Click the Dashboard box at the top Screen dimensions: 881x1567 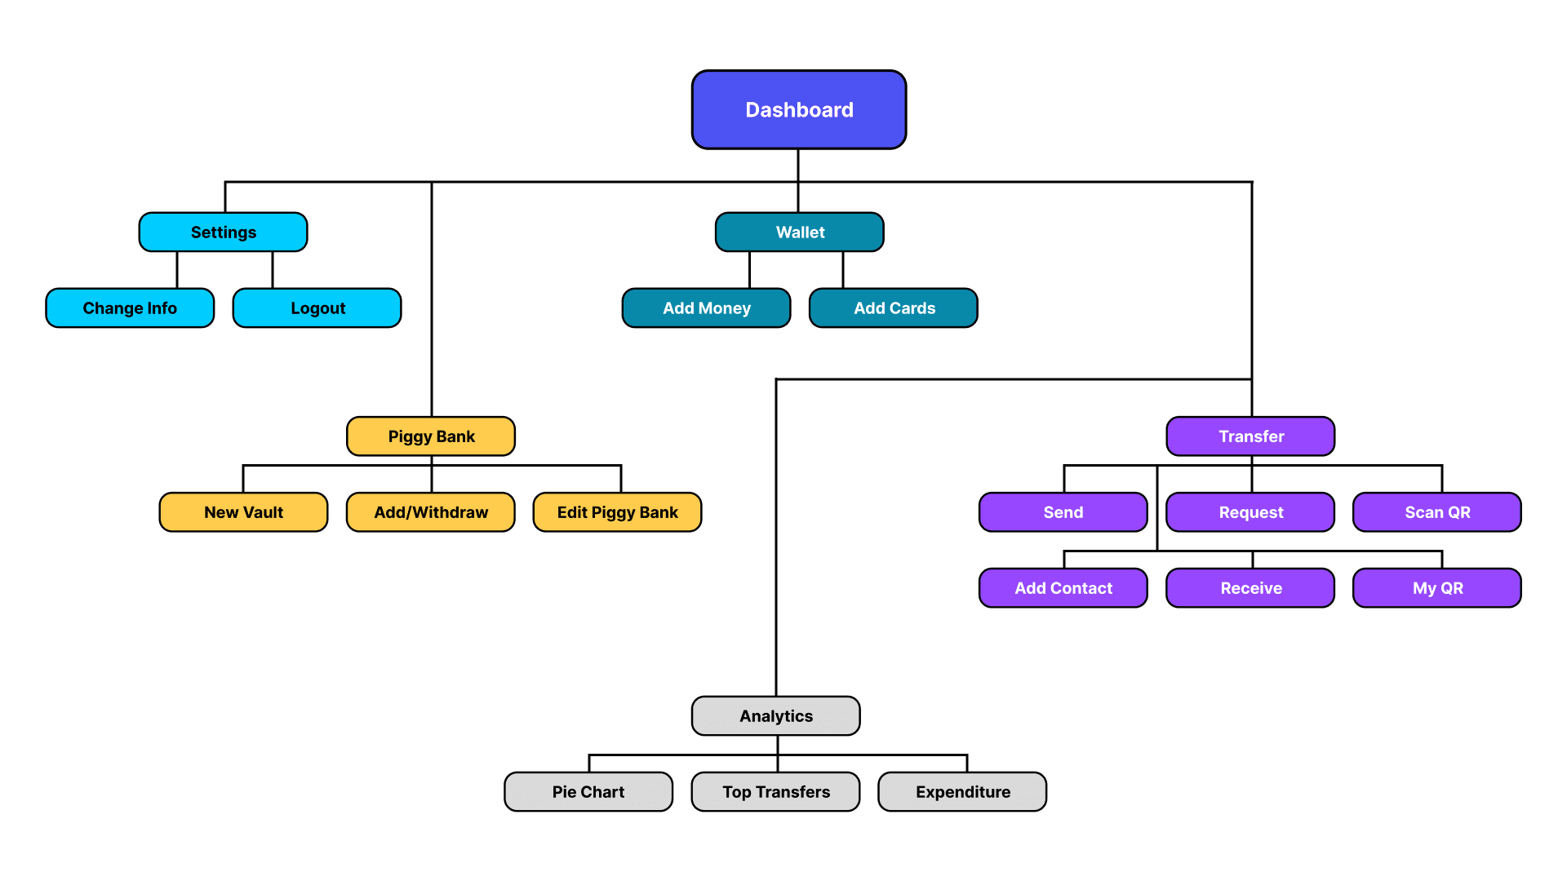pos(798,109)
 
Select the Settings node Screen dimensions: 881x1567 pos(223,232)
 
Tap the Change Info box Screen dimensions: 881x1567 pos(130,308)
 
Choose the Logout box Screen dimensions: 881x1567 pos(317,308)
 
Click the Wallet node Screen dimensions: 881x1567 pos(799,232)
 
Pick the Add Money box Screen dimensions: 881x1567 pos(706,308)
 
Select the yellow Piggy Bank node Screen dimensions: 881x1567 pos(431,436)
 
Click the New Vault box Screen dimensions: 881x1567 pos(243,512)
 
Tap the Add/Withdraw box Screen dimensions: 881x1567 pos(431,512)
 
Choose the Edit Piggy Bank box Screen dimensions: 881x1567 pos(617,512)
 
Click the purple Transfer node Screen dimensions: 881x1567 pos(1250,436)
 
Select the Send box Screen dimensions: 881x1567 pos(1063,512)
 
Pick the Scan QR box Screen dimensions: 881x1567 pos(1436,512)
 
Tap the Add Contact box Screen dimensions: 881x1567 pos(1063,588)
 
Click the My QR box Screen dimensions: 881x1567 pos(1436,588)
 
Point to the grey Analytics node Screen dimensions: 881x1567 pos(775,716)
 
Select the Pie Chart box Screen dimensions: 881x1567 pos(588,792)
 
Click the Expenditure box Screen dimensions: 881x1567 pos(962,792)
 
